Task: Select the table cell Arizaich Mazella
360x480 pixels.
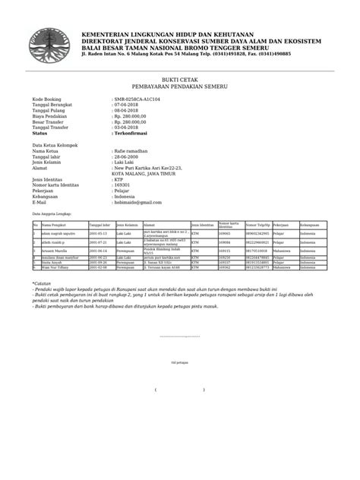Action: pyautogui.click(x=56, y=250)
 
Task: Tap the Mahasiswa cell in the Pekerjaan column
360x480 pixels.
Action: pyautogui.click(x=282, y=250)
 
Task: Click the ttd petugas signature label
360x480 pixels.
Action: pyautogui.click(x=180, y=363)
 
